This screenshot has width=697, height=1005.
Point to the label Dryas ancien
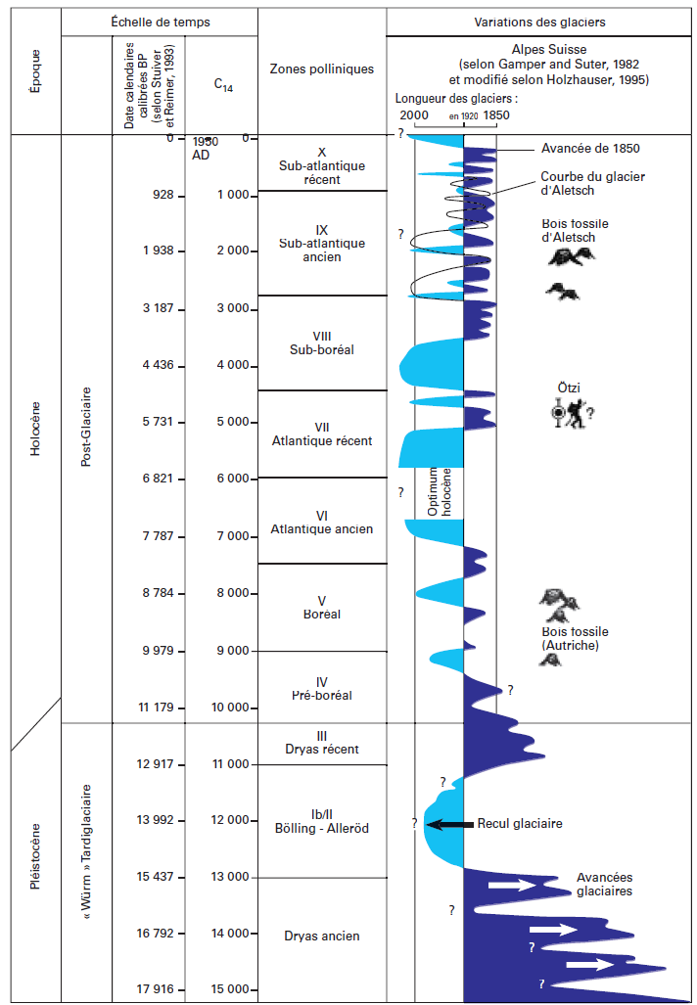tap(322, 936)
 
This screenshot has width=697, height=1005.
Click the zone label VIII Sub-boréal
tap(322, 343)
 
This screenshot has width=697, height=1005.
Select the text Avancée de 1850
tap(590, 149)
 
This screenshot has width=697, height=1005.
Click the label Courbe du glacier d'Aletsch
tap(581, 184)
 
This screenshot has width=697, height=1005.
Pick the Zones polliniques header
tap(322, 69)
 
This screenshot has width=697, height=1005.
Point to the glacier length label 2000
tap(413, 115)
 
